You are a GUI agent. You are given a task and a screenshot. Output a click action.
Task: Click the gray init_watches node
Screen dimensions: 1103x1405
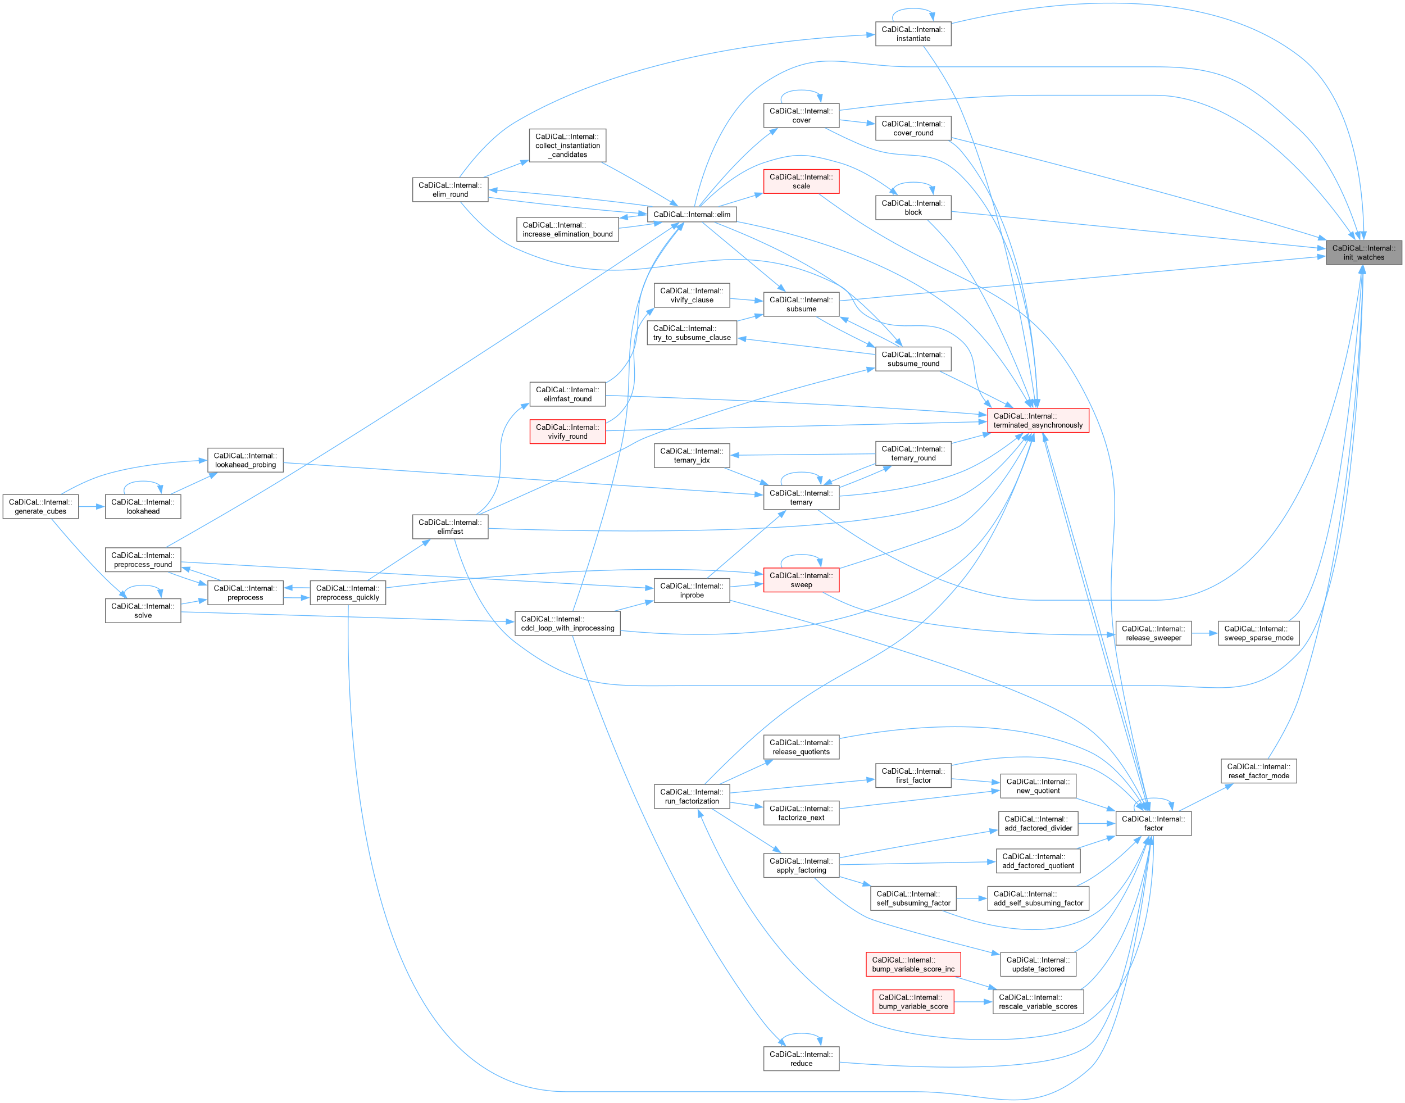(x=1363, y=252)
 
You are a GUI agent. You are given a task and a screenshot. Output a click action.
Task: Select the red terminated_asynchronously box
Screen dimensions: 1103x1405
(x=1038, y=420)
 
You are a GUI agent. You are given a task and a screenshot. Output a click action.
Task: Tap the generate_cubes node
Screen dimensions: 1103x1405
(x=40, y=506)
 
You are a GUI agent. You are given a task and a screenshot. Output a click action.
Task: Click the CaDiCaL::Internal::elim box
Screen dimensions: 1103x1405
(x=692, y=215)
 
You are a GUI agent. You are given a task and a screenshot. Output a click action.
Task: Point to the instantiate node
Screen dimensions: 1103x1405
(x=913, y=34)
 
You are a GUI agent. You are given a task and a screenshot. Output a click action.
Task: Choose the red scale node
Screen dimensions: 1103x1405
(x=801, y=181)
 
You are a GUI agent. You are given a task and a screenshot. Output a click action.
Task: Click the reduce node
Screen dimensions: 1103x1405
(x=801, y=1059)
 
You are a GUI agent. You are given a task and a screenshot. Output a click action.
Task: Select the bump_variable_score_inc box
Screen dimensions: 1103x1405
(x=913, y=964)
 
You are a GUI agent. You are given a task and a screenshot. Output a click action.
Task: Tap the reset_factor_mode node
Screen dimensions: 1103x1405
(x=1258, y=771)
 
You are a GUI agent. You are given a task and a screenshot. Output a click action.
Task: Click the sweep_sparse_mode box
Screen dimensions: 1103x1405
(x=1258, y=633)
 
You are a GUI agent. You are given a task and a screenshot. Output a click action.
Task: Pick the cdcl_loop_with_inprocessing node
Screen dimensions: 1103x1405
(x=567, y=623)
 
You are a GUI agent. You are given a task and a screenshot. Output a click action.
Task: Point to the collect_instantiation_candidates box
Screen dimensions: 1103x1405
(x=567, y=146)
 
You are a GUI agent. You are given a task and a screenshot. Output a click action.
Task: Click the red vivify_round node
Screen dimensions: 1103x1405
(x=567, y=432)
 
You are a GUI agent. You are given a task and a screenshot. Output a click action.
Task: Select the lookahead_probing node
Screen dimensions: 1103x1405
(x=245, y=460)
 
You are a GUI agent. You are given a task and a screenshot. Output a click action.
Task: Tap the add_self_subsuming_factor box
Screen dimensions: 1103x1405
(x=1038, y=898)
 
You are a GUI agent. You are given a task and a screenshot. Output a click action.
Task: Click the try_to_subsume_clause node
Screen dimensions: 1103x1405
(x=692, y=333)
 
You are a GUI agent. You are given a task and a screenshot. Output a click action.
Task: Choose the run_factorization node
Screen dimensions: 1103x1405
(x=692, y=796)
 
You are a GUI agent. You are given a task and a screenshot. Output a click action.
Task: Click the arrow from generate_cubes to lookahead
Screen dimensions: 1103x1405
(x=92, y=507)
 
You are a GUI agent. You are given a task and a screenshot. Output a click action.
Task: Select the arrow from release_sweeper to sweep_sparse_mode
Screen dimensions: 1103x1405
(x=1205, y=633)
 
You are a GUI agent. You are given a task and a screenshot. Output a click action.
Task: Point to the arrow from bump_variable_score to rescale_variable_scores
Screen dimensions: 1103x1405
(x=973, y=1002)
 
